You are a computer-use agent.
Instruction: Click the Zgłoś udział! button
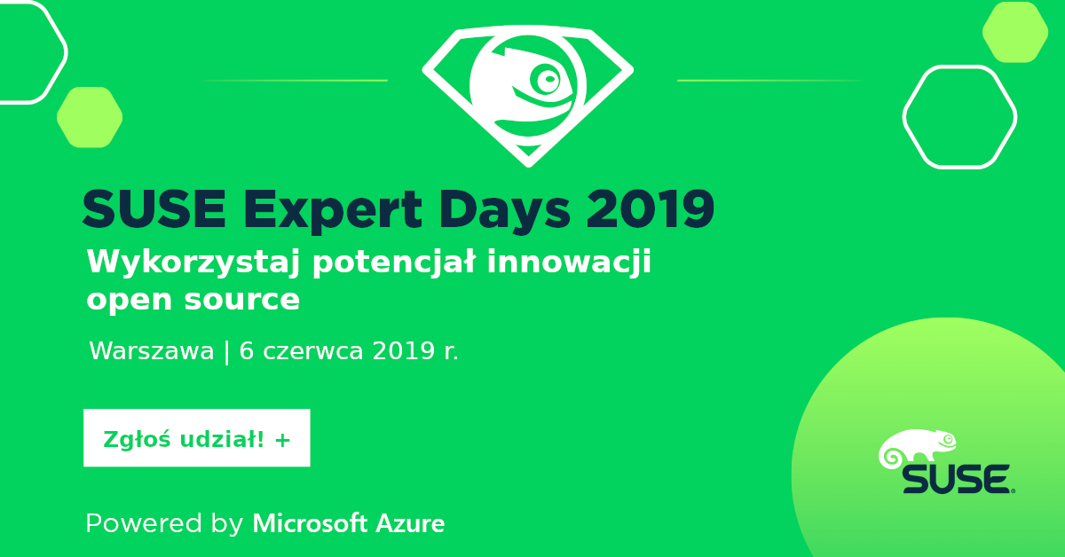196,438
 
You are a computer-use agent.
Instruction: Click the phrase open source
193,300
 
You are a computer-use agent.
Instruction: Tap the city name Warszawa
151,351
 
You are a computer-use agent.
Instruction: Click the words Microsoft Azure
349,523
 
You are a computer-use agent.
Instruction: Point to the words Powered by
164,523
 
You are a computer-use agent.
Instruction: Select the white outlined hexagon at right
959,117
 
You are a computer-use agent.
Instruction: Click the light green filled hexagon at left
90,117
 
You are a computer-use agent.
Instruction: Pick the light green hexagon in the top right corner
1015,32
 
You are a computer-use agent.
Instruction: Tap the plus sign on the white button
283,438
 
